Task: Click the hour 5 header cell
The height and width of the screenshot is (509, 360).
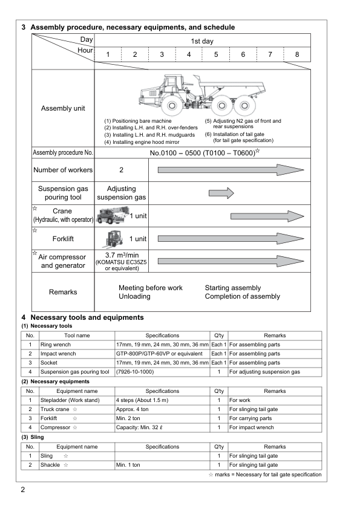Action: pyautogui.click(x=215, y=55)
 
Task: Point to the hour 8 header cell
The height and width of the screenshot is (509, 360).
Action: pyautogui.click(x=296, y=55)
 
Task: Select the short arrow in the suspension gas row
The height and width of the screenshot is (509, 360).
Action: pyautogui.click(x=221, y=193)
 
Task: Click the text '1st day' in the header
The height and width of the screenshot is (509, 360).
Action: pyautogui.click(x=202, y=41)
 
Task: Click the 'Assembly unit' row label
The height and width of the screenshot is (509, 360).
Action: pyautogui.click(x=63, y=109)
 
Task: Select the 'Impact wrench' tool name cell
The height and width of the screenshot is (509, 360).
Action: pyautogui.click(x=60, y=353)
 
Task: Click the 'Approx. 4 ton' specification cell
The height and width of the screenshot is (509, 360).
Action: pyautogui.click(x=134, y=409)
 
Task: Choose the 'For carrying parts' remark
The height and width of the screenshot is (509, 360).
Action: pyautogui.click(x=252, y=418)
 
